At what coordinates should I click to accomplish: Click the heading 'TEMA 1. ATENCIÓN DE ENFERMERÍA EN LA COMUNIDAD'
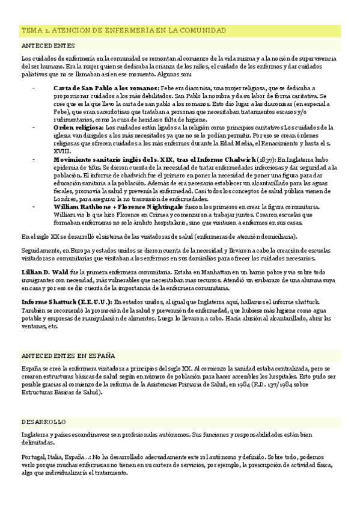tap(123, 30)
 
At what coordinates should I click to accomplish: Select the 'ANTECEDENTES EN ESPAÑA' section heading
tap(68, 355)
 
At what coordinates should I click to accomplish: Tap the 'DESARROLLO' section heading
tap(44, 422)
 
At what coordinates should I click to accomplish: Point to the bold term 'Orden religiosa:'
tap(78, 127)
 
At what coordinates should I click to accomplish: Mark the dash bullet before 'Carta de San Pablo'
tap(34, 88)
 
